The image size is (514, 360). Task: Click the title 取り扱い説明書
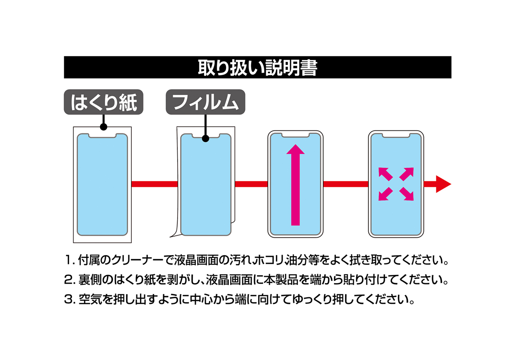point(257,68)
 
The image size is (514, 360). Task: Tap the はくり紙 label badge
point(103,102)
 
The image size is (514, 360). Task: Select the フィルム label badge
point(205,102)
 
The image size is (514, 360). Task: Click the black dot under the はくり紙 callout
point(103,127)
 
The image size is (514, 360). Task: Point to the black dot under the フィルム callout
point(206,138)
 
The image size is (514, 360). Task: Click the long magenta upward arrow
point(295,185)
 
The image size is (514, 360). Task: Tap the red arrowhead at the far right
point(443,184)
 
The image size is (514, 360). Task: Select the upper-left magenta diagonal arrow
point(385,174)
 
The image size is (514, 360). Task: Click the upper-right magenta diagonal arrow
point(407,174)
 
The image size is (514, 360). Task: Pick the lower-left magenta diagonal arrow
point(385,194)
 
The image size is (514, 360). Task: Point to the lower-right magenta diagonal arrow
point(407,194)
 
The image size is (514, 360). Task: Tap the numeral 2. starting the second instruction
point(70,280)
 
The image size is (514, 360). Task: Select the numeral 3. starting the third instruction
point(70,299)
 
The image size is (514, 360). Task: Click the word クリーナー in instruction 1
point(137,260)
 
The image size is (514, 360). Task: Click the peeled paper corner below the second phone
point(176,234)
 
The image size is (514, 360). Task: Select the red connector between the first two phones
point(155,184)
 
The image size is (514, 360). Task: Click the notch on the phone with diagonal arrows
point(396,135)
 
